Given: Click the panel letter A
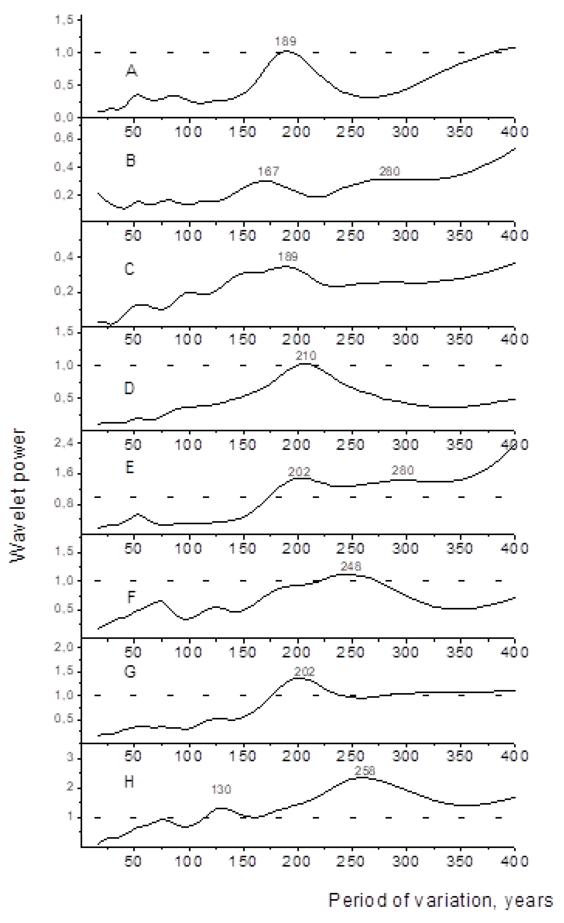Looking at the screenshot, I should coord(131,70).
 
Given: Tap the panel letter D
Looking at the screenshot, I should coord(129,388).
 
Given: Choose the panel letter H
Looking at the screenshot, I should coord(129,782).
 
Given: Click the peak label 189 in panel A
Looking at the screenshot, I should coord(286,41).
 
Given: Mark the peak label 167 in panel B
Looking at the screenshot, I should coord(268,171).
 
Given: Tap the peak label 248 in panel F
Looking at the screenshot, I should coord(351,565).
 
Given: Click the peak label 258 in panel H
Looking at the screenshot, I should coord(365,771).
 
